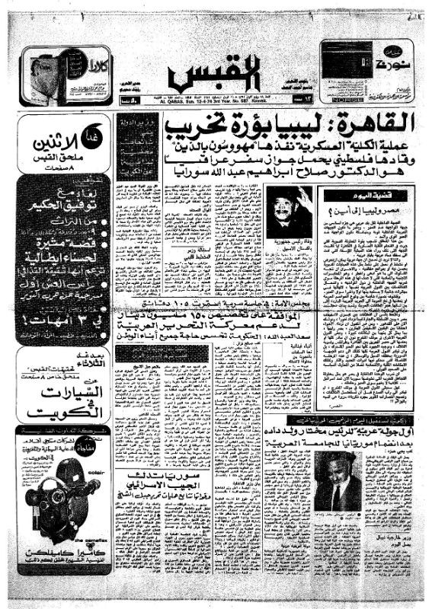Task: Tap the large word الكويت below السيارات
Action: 61,411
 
